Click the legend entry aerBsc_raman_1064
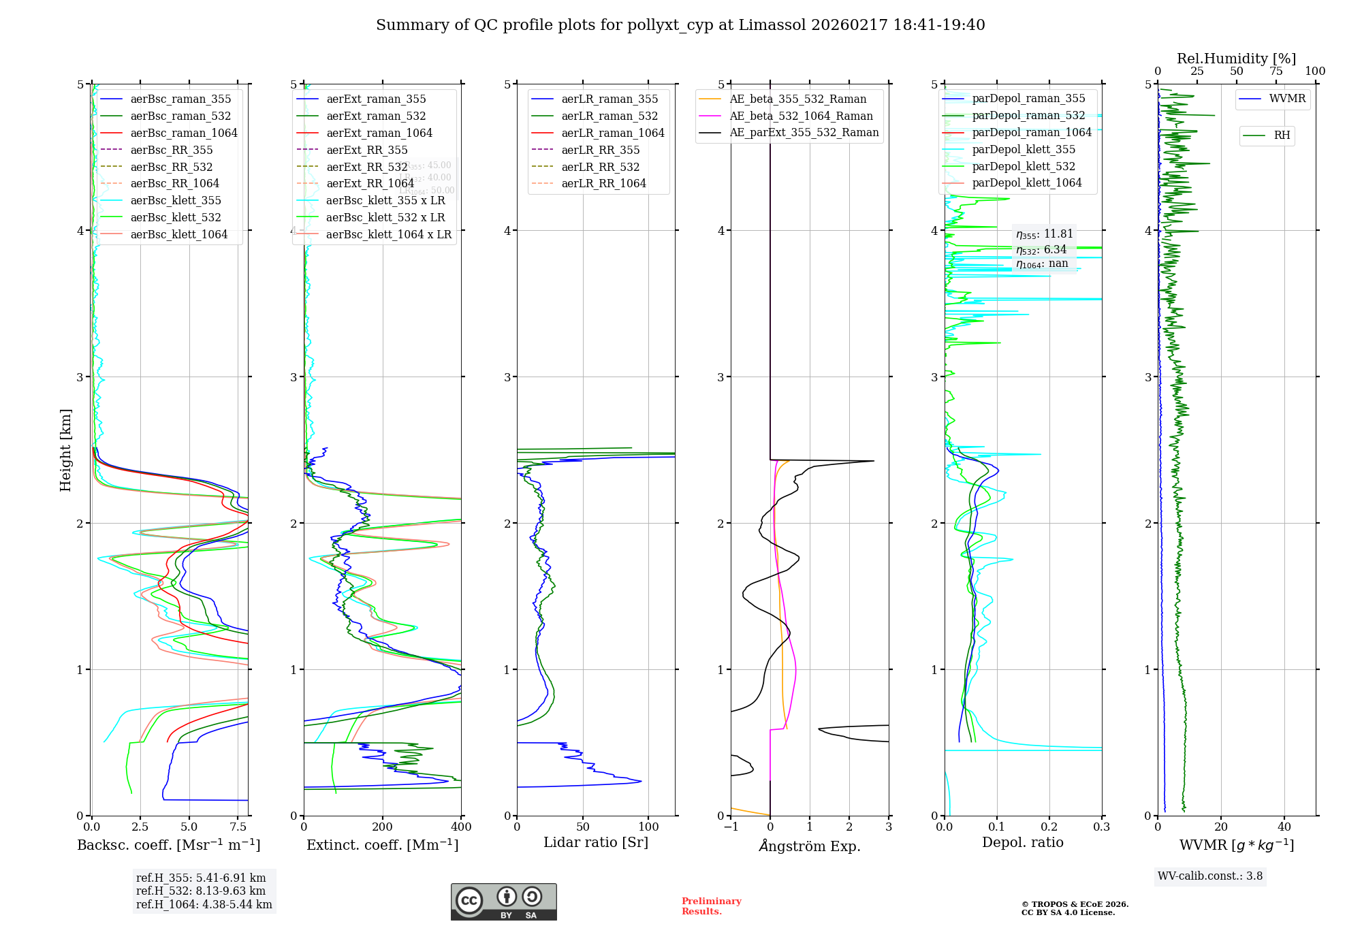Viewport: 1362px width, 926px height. [184, 133]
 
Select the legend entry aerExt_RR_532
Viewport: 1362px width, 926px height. [366, 167]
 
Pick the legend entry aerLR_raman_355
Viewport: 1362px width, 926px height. [609, 99]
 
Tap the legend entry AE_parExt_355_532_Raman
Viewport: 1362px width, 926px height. [804, 132]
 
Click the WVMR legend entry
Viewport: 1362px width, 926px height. [1286, 99]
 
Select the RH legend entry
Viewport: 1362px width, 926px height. [1281, 135]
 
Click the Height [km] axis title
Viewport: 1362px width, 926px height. [65, 449]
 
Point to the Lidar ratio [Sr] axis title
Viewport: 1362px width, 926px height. [595, 842]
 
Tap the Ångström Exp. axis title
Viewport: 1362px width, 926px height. [809, 846]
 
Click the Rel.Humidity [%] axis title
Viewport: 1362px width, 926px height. [1236, 59]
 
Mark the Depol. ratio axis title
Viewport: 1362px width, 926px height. [1022, 842]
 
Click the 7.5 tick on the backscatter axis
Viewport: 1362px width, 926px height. [238, 827]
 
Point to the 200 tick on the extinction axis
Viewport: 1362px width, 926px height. [383, 827]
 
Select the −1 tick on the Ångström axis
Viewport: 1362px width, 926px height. [730, 827]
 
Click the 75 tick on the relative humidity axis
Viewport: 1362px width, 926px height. [1276, 71]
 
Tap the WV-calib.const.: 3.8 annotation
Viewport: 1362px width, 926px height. [1210, 876]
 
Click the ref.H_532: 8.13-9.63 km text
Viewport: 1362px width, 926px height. [201, 891]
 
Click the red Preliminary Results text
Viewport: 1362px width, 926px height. [711, 906]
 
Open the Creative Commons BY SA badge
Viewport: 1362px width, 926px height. [503, 902]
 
